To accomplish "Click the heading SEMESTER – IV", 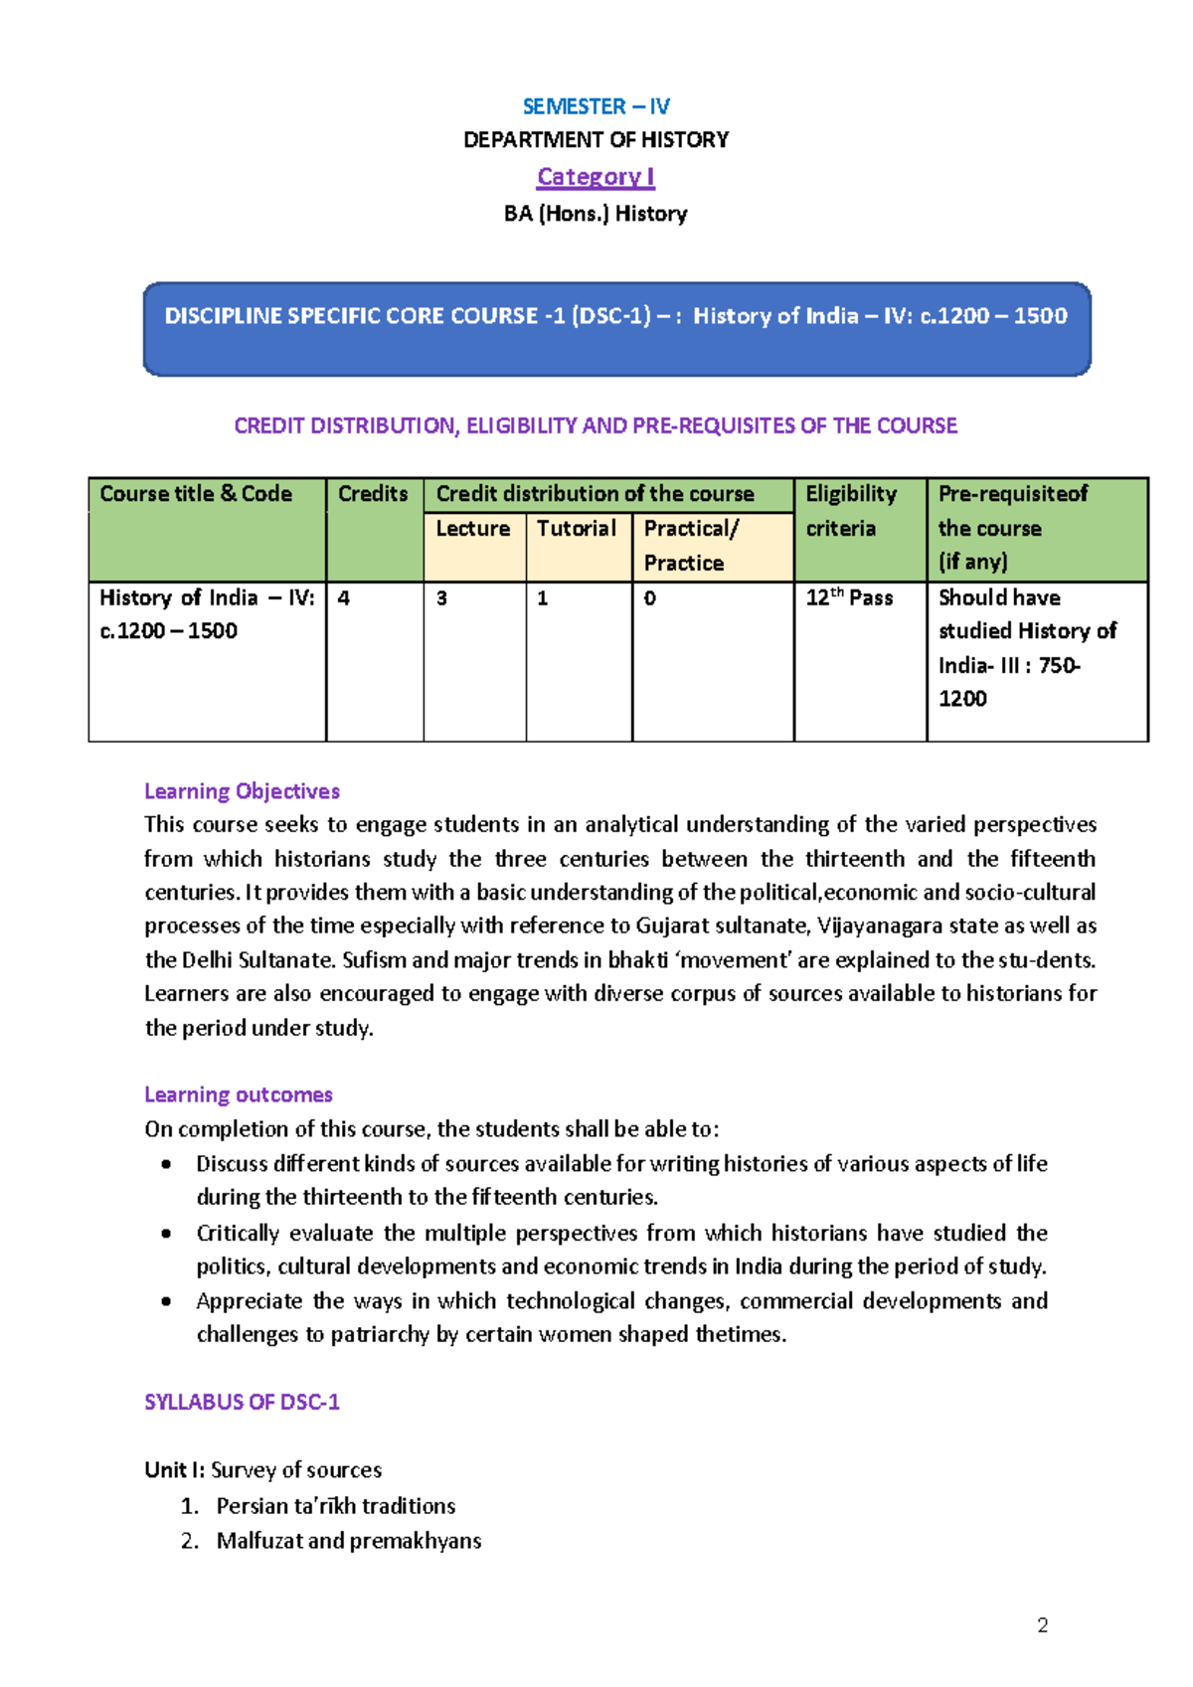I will pos(596,106).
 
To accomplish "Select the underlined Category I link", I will pos(596,177).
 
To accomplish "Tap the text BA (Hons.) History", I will pos(596,214).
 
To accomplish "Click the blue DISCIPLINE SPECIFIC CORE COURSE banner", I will pos(616,329).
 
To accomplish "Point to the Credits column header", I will pos(373,494).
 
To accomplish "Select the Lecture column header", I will pos(473,529).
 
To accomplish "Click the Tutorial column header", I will pos(577,529).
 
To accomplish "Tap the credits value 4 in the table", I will pos(344,598).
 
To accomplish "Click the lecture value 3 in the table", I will pos(441,598).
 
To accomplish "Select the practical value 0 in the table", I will pos(649,598).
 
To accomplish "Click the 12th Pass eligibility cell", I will pos(849,598).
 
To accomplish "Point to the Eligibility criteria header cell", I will pos(851,511).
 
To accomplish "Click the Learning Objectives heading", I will pos(242,791).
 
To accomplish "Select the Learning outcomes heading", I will pos(239,1095).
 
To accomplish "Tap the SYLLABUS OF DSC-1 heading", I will pos(242,1402).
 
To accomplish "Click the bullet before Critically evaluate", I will pos(166,1234).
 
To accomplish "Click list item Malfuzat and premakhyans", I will pos(349,1541).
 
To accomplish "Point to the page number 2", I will pos(1042,1625).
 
